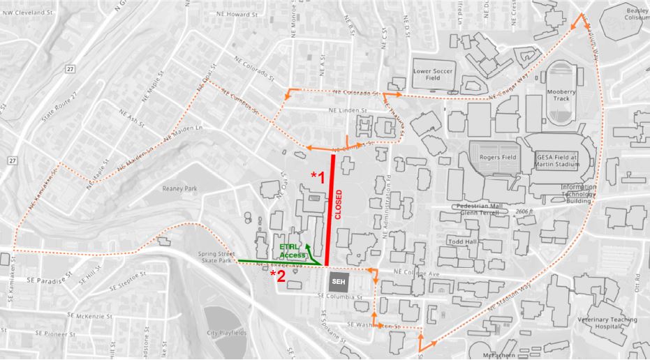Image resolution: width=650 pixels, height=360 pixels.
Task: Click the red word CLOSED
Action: click(x=339, y=205)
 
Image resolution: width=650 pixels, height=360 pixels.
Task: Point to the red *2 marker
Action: click(x=278, y=276)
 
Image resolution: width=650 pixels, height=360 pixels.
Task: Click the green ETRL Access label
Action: click(x=292, y=251)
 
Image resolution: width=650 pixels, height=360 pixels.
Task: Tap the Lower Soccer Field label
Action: click(x=433, y=74)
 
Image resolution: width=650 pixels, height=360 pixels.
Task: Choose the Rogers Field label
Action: click(x=496, y=158)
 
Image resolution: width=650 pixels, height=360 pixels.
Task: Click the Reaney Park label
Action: click(x=180, y=188)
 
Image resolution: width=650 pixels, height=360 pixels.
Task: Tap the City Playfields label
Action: click(x=226, y=333)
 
